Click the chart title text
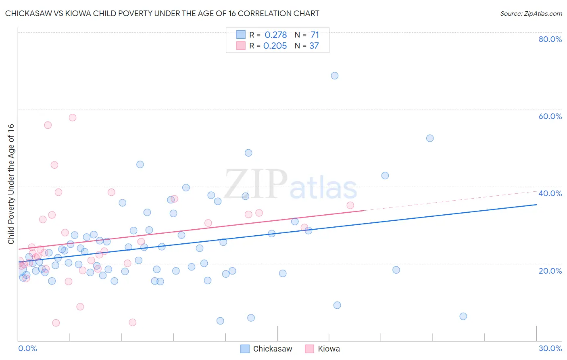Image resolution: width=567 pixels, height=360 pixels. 162,13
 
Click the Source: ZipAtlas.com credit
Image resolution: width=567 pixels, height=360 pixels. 531,13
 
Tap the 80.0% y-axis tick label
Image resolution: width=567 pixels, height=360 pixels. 550,39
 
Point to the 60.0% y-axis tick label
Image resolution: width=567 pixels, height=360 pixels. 550,116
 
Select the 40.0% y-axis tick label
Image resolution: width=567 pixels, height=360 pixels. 550,193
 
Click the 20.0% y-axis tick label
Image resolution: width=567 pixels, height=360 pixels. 550,270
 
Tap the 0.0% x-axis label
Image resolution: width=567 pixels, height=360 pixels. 27,348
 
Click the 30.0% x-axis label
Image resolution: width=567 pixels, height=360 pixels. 550,348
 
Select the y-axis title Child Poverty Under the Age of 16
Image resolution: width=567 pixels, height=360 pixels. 11,184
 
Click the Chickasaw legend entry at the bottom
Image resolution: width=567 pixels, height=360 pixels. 267,349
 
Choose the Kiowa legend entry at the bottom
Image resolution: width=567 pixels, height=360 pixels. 323,349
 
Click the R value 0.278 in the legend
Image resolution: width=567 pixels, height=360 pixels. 276,35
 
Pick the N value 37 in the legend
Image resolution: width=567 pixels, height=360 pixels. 314,46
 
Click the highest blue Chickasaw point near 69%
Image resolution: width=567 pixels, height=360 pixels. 335,75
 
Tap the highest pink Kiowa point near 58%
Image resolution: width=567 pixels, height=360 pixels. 73,117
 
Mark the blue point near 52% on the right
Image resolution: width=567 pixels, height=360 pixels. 430,138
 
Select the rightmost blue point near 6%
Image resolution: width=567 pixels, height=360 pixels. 463,316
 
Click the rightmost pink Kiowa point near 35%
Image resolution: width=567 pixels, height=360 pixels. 350,205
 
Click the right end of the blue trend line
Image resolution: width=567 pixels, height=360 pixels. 536,205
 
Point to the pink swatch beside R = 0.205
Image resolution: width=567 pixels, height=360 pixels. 241,46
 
